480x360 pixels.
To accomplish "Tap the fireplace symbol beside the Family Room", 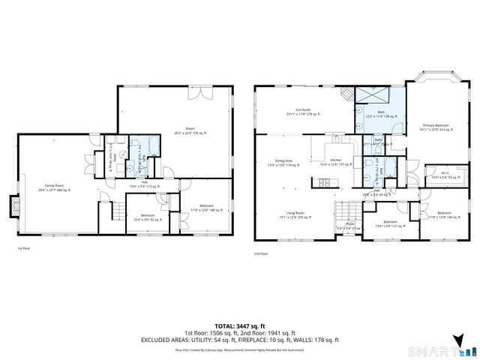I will click(12, 205).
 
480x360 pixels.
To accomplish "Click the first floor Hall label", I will click(144, 184).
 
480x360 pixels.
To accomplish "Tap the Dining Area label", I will click(283, 163).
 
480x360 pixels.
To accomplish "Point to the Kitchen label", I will click(336, 163).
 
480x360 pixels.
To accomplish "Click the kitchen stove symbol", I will click(325, 182).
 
